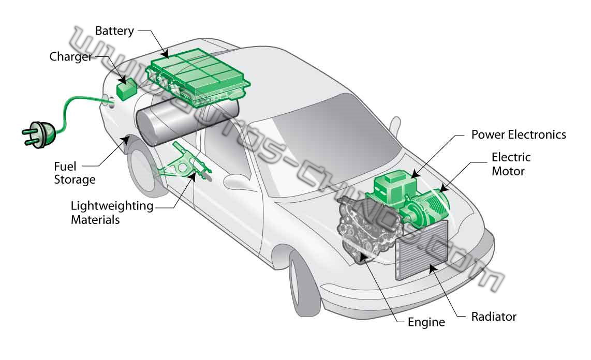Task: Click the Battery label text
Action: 114,31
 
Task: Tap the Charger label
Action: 70,56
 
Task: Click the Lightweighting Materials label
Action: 112,213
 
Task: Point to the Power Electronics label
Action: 519,134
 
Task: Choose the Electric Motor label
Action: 511,163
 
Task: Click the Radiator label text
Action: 493,316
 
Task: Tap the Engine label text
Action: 426,322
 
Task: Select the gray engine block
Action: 364,228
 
